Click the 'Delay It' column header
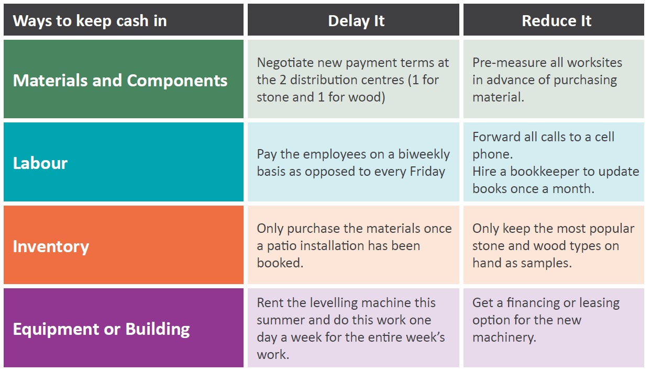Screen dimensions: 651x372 356,21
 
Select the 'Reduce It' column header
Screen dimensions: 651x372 556,21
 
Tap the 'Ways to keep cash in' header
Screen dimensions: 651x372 90,21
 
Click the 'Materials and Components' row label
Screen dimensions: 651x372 120,81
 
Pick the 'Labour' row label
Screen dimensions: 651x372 40,163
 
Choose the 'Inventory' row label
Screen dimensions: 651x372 51,247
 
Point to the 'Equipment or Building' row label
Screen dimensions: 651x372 102,329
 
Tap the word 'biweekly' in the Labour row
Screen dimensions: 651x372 424,154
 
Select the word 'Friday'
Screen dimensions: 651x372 427,172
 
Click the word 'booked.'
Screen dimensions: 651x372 280,263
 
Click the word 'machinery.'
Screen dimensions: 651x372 504,338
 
